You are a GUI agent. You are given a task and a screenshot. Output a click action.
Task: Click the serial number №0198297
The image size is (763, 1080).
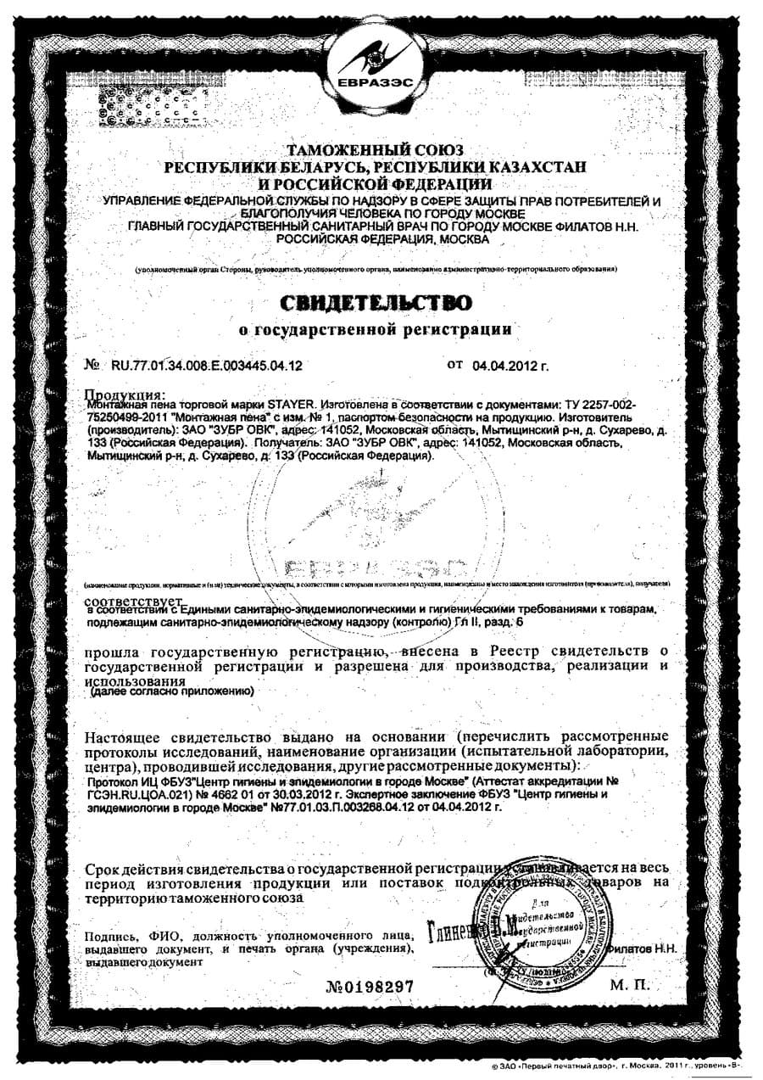(370, 987)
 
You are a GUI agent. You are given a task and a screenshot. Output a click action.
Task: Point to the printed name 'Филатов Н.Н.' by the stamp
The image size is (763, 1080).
(642, 947)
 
